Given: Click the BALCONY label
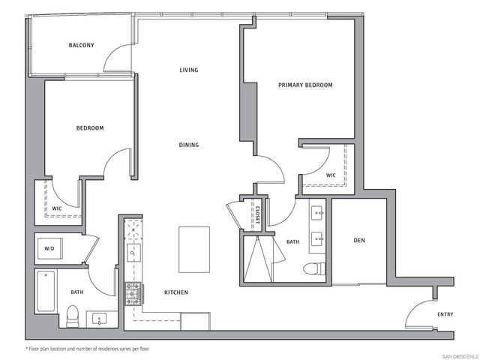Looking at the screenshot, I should [x=81, y=46].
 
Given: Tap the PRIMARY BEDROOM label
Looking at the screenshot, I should [x=305, y=85].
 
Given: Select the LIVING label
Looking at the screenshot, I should [x=189, y=70].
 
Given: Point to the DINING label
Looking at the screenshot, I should [x=189, y=145].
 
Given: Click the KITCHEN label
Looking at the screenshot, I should [x=176, y=292].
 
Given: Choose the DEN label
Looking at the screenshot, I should [x=359, y=241].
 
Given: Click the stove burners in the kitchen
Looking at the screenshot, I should [x=133, y=294].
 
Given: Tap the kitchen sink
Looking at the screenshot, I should [x=133, y=253].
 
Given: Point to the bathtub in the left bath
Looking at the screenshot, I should [x=46, y=292].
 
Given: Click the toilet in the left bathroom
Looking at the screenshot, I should [x=73, y=317].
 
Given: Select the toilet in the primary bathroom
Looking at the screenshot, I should [x=313, y=268].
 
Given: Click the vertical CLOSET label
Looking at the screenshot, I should [x=256, y=216].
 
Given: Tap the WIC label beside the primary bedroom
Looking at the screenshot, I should [x=331, y=175].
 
